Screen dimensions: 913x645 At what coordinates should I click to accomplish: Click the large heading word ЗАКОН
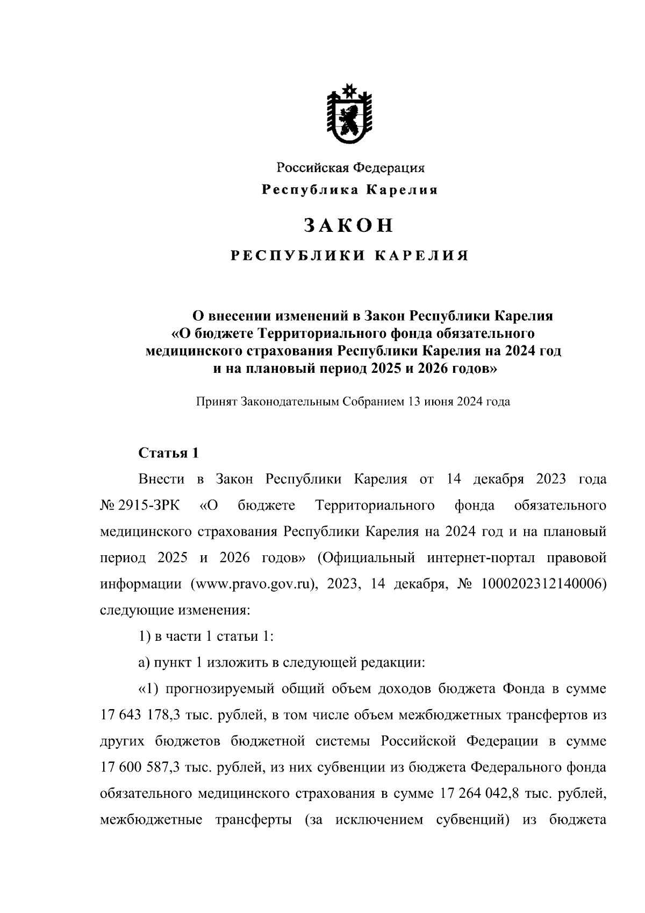tap(349, 225)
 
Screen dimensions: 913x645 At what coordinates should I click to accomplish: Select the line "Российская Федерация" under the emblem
tap(350, 168)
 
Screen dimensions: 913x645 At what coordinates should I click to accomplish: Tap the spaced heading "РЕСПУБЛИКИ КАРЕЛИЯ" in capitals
tap(350, 256)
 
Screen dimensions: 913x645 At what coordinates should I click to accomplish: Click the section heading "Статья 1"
tap(169, 453)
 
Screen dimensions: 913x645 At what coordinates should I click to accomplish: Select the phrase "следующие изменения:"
tap(175, 611)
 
